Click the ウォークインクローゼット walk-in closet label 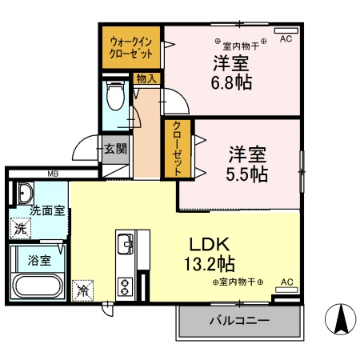pos(131,46)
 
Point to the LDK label pos(211,244)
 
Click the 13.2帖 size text pos(211,263)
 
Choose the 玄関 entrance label pos(115,148)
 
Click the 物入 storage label pos(146,79)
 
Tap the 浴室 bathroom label pos(41,260)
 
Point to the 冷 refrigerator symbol pos(82,290)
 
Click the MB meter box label pos(53,174)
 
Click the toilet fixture pos(115,99)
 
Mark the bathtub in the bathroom pos(38,286)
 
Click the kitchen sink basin pos(126,243)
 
